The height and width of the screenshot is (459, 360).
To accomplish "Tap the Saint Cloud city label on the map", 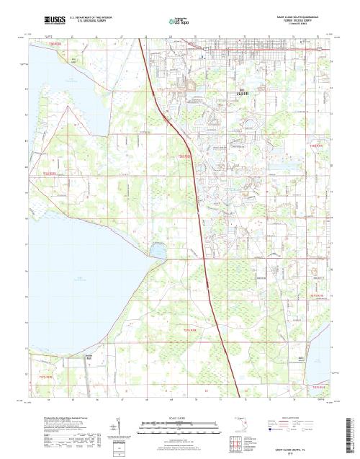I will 242,92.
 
